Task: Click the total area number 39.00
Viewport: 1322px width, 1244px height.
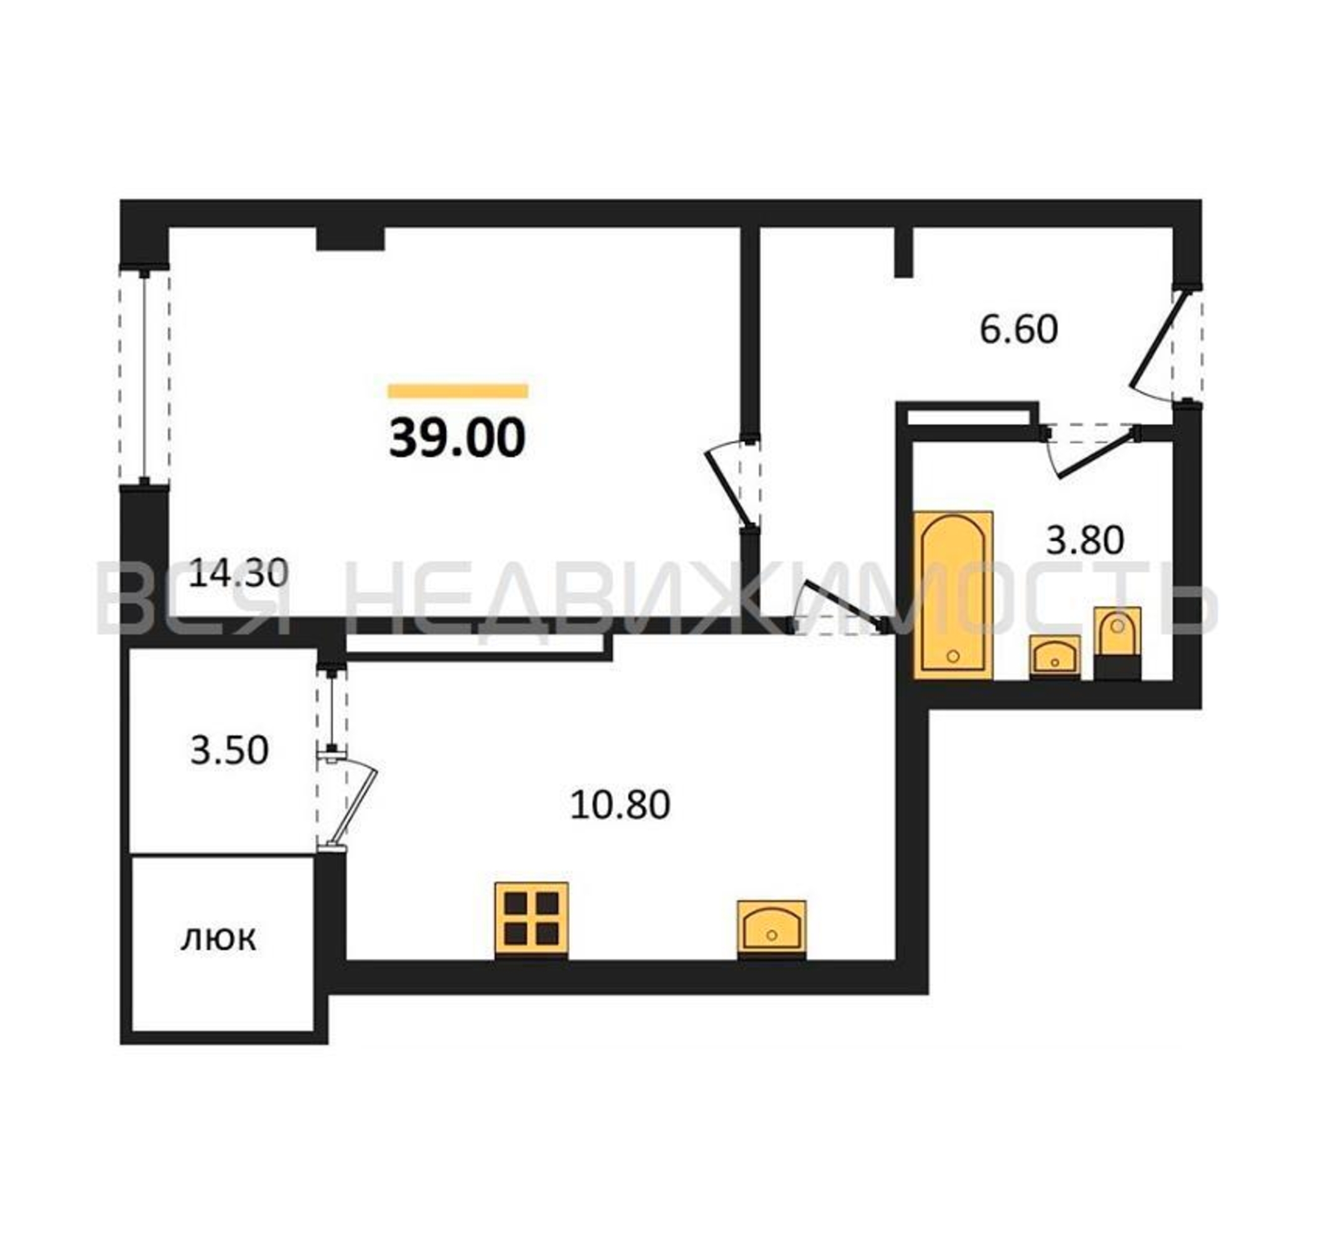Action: point(457,439)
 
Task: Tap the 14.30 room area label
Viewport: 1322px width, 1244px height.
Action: point(238,573)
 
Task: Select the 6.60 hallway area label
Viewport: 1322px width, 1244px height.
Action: point(1018,330)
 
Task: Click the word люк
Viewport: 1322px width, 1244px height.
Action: point(218,940)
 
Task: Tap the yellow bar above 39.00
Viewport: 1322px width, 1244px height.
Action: point(457,391)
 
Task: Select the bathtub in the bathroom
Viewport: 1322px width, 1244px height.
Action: point(954,596)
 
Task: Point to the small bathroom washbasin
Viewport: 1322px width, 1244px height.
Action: point(1054,657)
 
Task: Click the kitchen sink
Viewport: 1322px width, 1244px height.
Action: point(771,929)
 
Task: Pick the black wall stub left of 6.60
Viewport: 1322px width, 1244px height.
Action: point(904,252)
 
